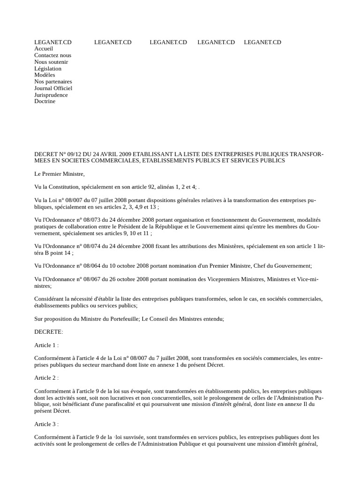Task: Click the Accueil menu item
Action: point(44,49)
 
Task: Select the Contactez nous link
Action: point(52,55)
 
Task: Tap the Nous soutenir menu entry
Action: point(51,62)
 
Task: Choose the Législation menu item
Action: point(48,68)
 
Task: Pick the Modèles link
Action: point(45,75)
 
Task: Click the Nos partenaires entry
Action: point(53,82)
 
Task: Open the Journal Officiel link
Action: point(53,88)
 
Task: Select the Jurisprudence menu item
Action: point(51,95)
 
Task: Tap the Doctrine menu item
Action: point(45,101)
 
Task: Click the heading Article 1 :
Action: point(46,345)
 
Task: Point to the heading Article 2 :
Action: point(46,378)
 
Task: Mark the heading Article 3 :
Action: point(46,424)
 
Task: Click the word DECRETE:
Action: point(48,332)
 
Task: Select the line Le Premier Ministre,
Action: point(60,174)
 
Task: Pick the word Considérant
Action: point(51,299)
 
